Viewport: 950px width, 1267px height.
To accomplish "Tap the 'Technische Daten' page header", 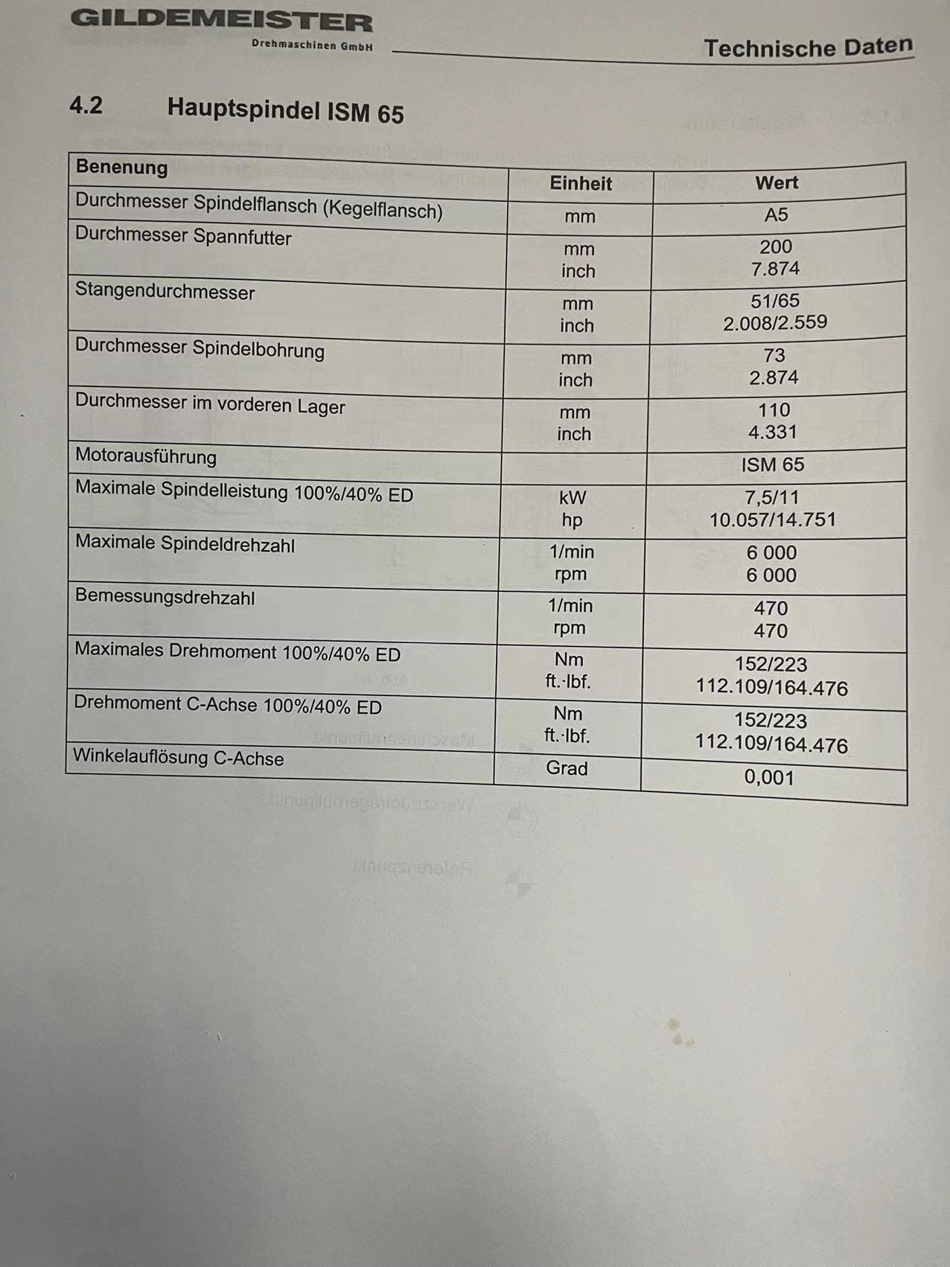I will point(808,48).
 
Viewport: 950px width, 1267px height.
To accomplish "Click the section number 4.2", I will point(86,106).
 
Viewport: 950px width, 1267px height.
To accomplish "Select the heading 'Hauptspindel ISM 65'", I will point(285,110).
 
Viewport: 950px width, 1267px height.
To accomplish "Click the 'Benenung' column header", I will point(121,167).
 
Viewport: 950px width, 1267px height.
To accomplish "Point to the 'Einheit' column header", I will point(581,183).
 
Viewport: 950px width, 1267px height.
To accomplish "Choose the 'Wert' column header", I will point(777,182).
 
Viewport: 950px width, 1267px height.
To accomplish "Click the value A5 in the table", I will point(776,215).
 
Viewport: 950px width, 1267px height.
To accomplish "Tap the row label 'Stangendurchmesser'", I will point(165,291).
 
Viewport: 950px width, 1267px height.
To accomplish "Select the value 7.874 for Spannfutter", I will point(775,269).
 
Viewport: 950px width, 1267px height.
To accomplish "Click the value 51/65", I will point(775,301).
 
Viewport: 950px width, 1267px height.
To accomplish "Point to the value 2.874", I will point(774,377).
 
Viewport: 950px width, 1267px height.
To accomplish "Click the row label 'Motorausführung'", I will point(146,456).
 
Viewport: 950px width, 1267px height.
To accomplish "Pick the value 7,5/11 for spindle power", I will point(772,497).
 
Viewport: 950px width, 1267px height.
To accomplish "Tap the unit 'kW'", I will point(573,497).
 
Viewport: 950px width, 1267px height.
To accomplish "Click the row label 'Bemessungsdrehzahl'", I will point(165,596).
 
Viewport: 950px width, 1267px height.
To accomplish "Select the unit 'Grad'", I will point(567,767).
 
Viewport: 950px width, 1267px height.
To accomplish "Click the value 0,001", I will point(769,777).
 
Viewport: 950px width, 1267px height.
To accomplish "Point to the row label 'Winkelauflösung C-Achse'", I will point(179,757).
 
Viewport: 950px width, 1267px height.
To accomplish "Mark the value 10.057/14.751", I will point(772,520).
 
